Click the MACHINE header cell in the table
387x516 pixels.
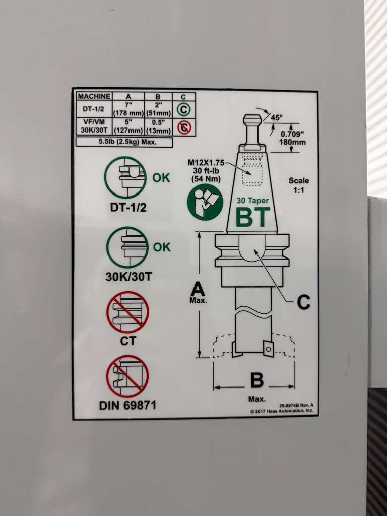click(94, 97)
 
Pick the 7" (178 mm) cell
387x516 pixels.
click(128, 109)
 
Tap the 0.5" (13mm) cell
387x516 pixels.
click(158, 126)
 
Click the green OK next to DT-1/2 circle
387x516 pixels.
click(161, 178)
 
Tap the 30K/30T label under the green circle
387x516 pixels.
click(128, 277)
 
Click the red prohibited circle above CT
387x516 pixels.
click(127, 312)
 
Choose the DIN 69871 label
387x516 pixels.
click(127, 406)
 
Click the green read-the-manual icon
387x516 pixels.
click(205, 202)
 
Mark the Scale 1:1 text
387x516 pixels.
click(299, 185)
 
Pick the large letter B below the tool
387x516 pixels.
click(256, 380)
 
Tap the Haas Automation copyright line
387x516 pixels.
click(282, 411)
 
